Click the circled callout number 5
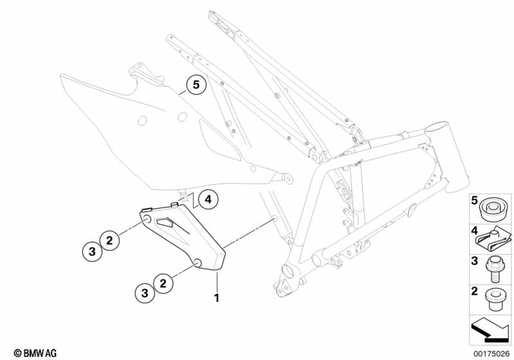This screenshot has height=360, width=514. click(x=196, y=84)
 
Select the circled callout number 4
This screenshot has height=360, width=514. click(x=206, y=200)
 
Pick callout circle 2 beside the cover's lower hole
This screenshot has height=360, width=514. click(x=163, y=282)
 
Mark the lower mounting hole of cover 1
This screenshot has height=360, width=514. click(x=197, y=264)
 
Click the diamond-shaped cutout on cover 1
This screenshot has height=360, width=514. click(x=168, y=222)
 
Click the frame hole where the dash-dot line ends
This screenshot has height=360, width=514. click(x=276, y=220)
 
